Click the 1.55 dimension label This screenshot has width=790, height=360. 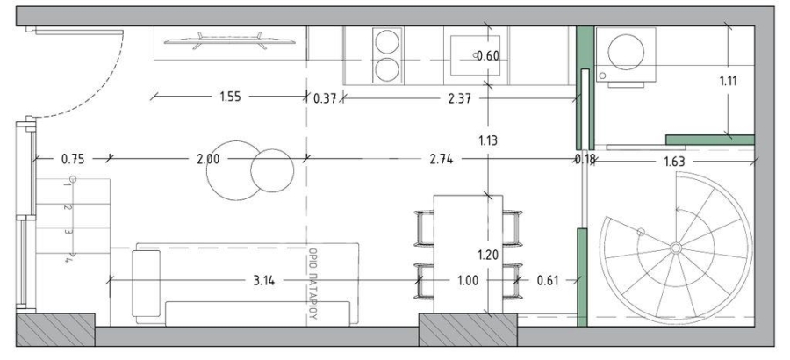click(x=230, y=97)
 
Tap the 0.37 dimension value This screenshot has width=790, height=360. click(x=325, y=98)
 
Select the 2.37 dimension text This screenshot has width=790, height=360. click(x=459, y=98)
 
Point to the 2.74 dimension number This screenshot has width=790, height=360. click(x=441, y=160)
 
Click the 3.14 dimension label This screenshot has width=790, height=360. click(x=263, y=280)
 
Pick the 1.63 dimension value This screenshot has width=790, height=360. click(x=674, y=162)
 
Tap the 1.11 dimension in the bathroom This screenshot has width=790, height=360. click(x=728, y=80)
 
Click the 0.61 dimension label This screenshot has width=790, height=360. click(x=547, y=280)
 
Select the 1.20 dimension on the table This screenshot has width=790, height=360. click(x=488, y=255)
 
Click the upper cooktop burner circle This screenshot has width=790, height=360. click(x=387, y=42)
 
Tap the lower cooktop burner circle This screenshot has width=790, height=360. click(x=387, y=69)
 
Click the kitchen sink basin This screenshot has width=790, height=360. click(x=475, y=55)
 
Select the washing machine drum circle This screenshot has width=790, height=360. click(x=626, y=52)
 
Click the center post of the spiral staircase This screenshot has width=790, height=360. click(x=676, y=248)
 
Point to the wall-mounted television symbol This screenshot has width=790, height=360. click(x=229, y=41)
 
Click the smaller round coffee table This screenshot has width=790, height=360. click(x=272, y=170)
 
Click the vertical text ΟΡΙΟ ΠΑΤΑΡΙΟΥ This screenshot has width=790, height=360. click(x=312, y=284)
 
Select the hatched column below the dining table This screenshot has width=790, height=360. click(x=468, y=330)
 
